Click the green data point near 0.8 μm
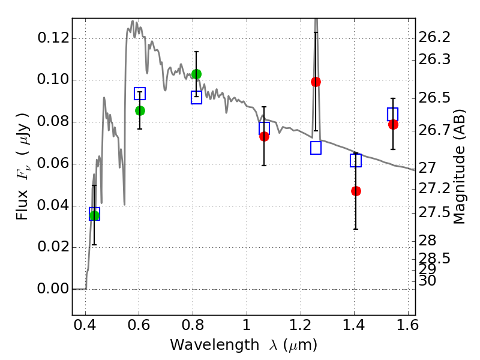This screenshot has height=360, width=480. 196,74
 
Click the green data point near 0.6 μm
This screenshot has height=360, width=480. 140,110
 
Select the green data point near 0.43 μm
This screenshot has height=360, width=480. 94,216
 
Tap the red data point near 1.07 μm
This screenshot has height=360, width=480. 264,136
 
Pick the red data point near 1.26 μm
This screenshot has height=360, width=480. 316,82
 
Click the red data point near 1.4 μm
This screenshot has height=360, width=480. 356,191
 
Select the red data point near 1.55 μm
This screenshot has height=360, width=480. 393,124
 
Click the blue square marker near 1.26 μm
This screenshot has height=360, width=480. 316,148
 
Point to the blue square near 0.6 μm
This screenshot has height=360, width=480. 140,94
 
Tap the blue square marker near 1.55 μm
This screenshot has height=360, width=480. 393,114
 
